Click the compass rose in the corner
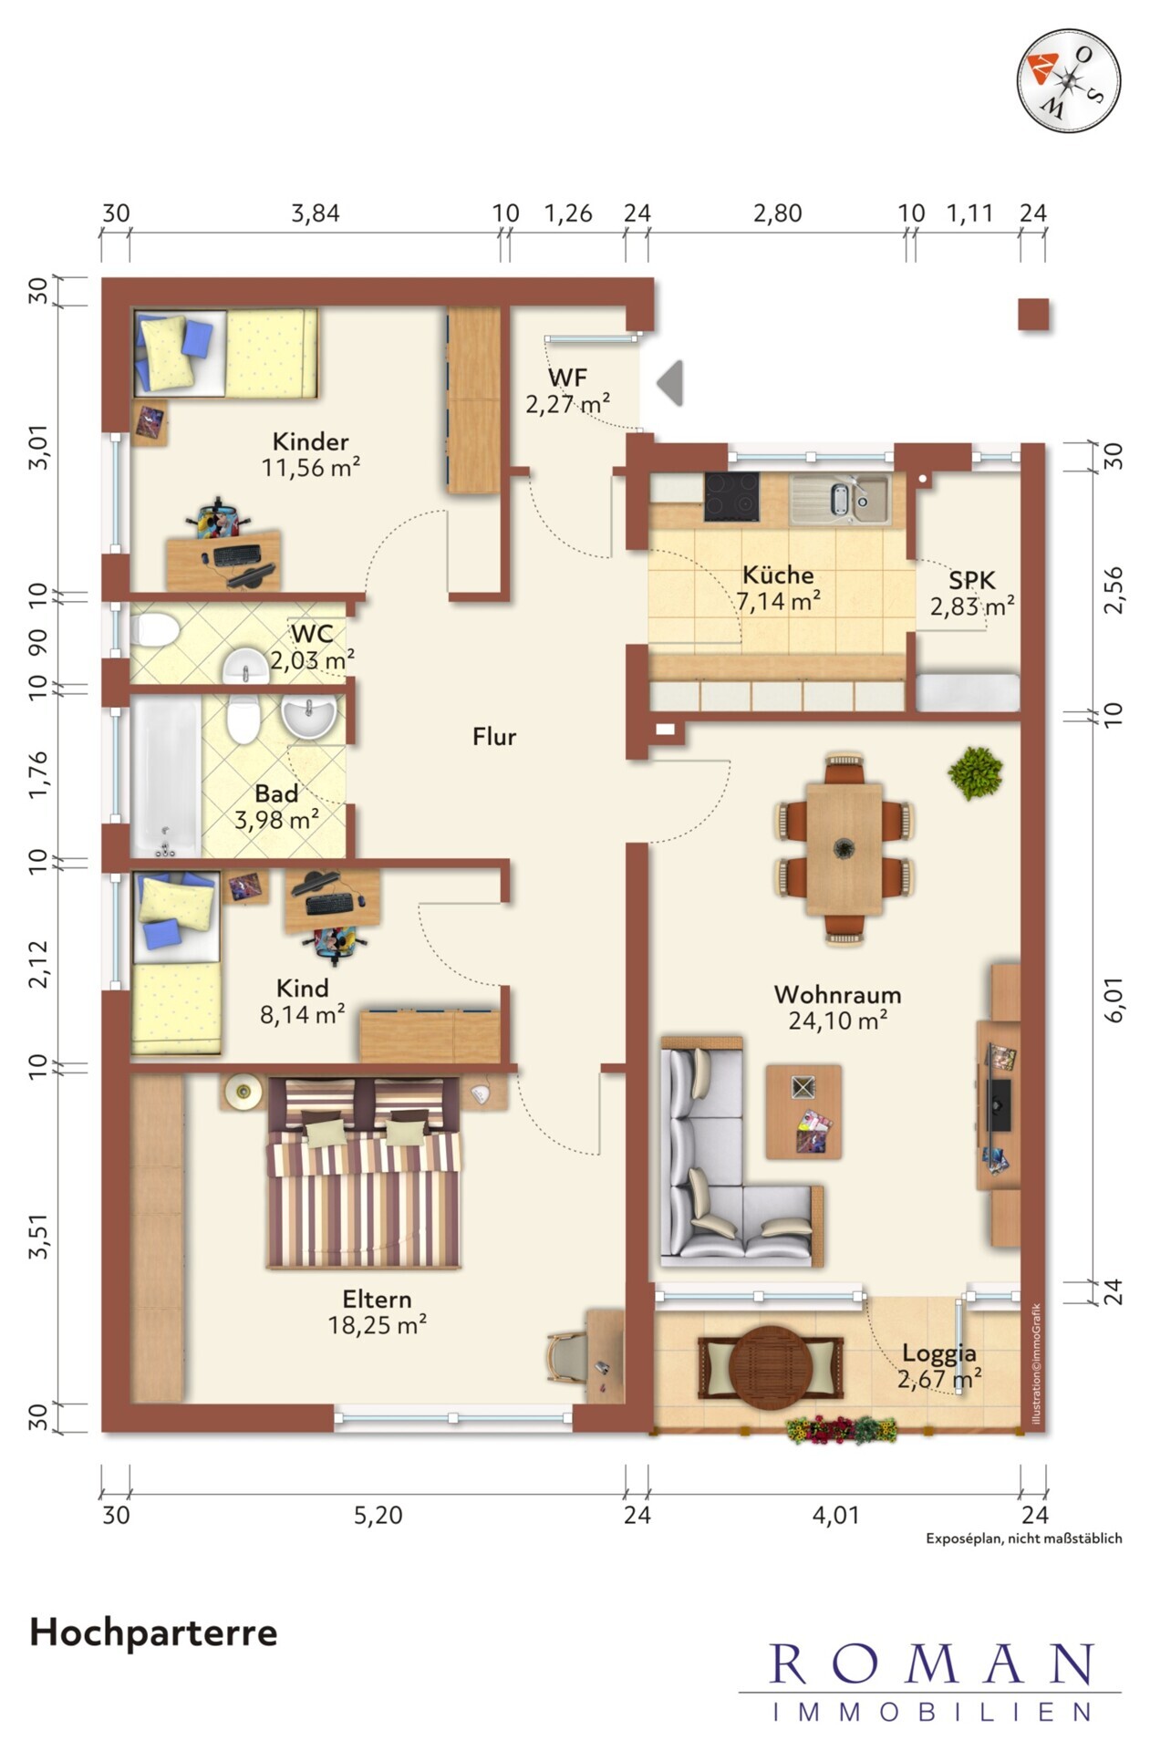point(1068,80)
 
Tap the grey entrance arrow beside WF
point(670,383)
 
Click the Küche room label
point(777,575)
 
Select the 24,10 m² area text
point(837,1021)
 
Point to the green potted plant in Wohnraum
point(974,772)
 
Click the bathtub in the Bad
point(165,778)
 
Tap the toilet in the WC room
point(155,629)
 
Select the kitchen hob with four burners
point(730,497)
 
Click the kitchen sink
point(840,499)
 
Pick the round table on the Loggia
point(772,1367)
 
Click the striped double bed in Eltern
point(365,1174)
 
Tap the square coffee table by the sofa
point(803,1112)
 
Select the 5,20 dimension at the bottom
point(378,1515)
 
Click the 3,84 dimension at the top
point(315,213)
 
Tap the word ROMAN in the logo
point(930,1664)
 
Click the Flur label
point(494,737)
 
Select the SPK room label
point(971,580)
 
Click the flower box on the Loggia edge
point(842,1429)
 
